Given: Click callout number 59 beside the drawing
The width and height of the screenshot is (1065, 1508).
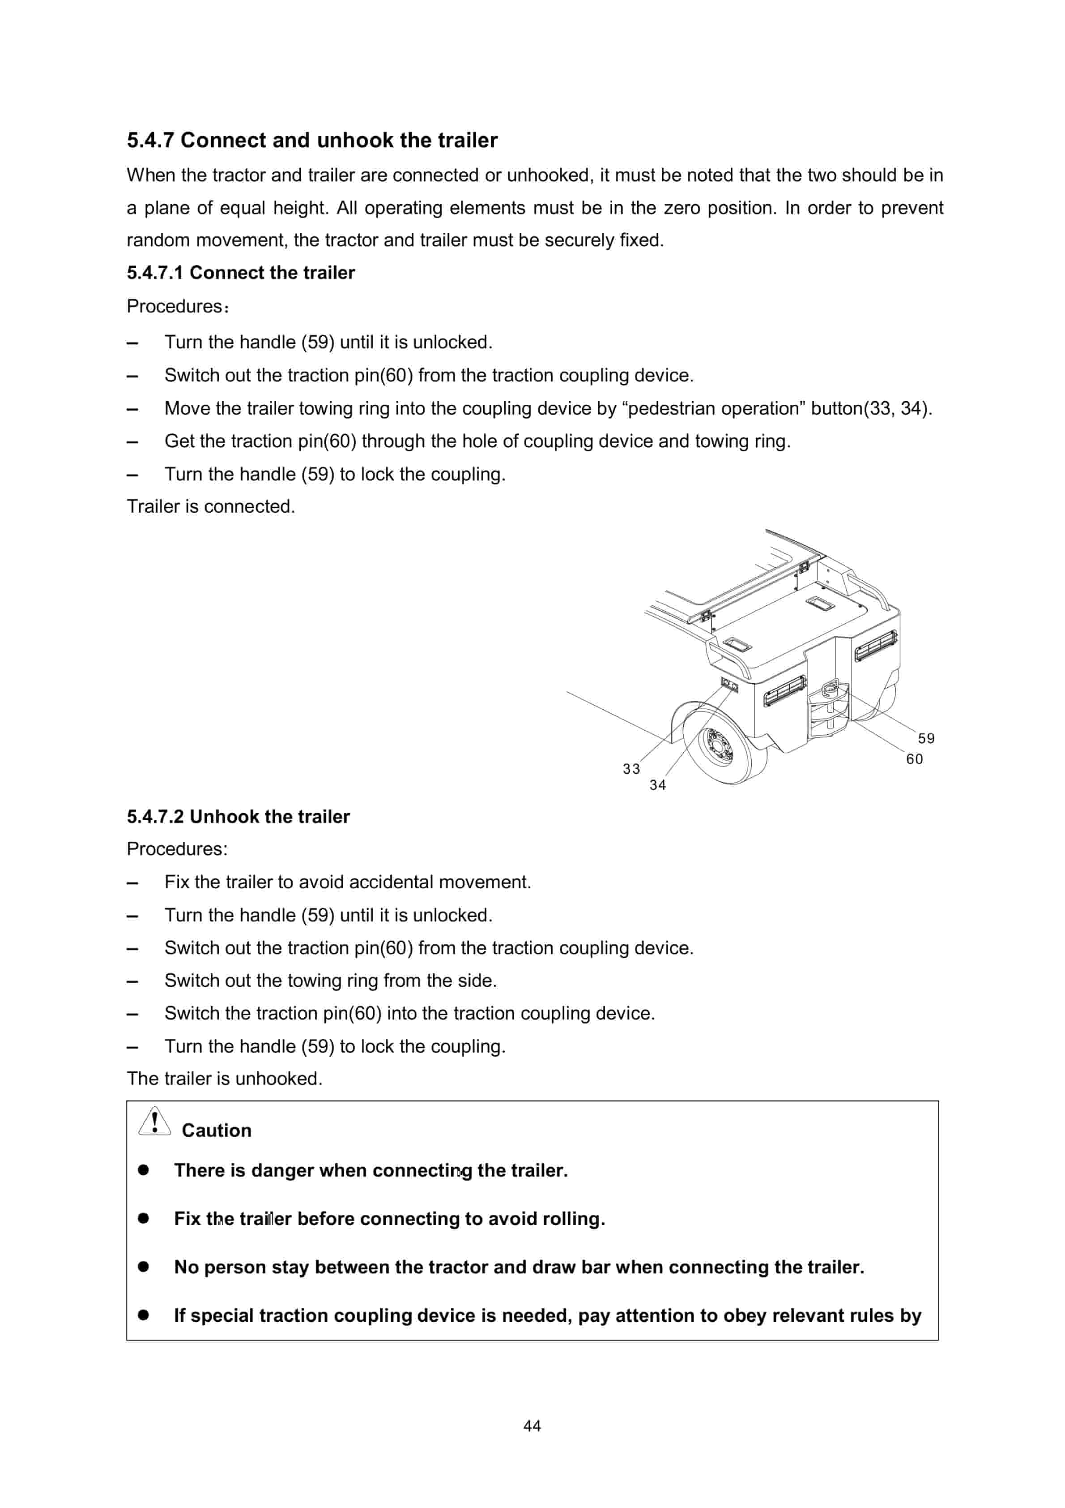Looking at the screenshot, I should click(926, 738).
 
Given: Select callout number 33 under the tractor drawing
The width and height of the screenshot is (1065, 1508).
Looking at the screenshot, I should click(631, 768).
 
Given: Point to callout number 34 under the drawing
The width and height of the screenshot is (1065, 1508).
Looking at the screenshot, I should click(657, 785).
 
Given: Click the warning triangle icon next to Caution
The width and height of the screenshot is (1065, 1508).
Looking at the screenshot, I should click(154, 1122).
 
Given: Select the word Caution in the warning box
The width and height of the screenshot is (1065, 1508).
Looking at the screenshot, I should click(216, 1131).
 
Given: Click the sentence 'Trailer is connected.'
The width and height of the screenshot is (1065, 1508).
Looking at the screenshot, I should click(211, 506).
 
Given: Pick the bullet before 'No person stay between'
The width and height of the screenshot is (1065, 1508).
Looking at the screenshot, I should click(143, 1266).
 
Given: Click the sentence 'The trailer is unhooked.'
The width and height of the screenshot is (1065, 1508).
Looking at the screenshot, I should click(225, 1079).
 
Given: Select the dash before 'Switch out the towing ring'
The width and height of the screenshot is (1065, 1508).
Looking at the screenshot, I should click(132, 981).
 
